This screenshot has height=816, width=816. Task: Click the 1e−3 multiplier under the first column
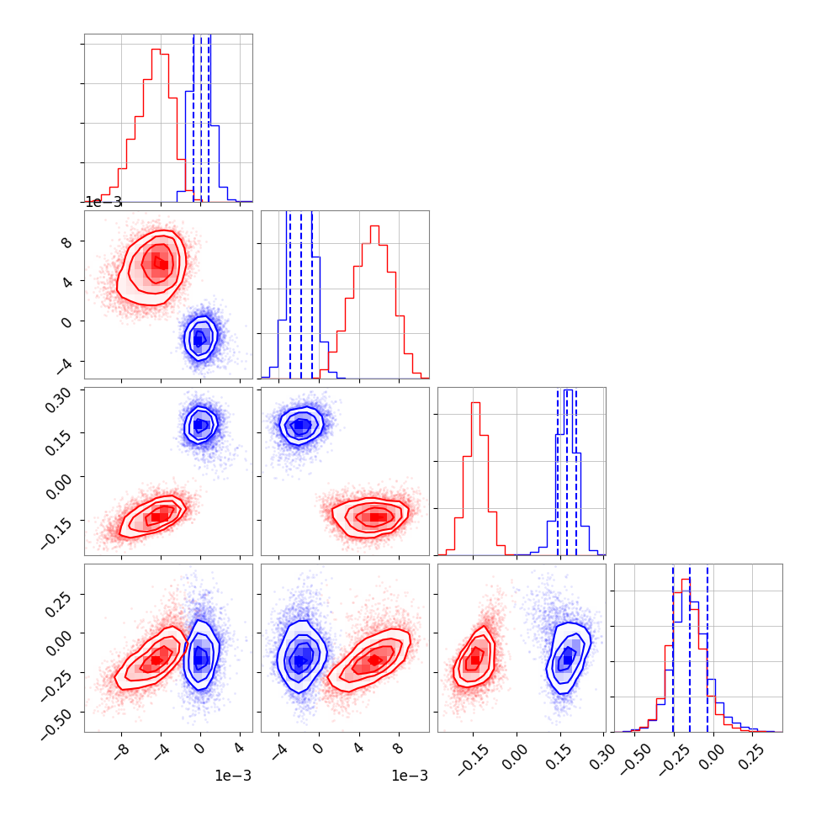point(234,776)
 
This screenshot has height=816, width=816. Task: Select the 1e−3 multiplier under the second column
point(411,776)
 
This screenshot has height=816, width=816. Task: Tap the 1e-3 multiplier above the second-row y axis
point(103,202)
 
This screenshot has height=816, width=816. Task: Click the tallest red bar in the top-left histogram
point(156,126)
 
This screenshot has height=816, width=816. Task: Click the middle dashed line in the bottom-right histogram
point(690,648)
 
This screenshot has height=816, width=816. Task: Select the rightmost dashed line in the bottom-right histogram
point(707,648)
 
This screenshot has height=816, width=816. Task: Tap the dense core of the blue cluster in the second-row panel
point(199,338)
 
